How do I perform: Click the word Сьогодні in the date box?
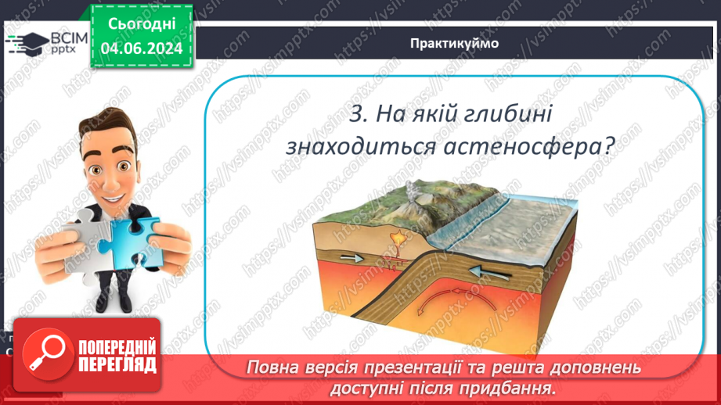pyautogui.click(x=142, y=24)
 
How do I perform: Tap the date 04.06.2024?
pyautogui.click(x=142, y=48)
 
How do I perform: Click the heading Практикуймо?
pyautogui.click(x=454, y=44)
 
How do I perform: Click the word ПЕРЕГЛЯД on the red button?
pyautogui.click(x=117, y=364)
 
